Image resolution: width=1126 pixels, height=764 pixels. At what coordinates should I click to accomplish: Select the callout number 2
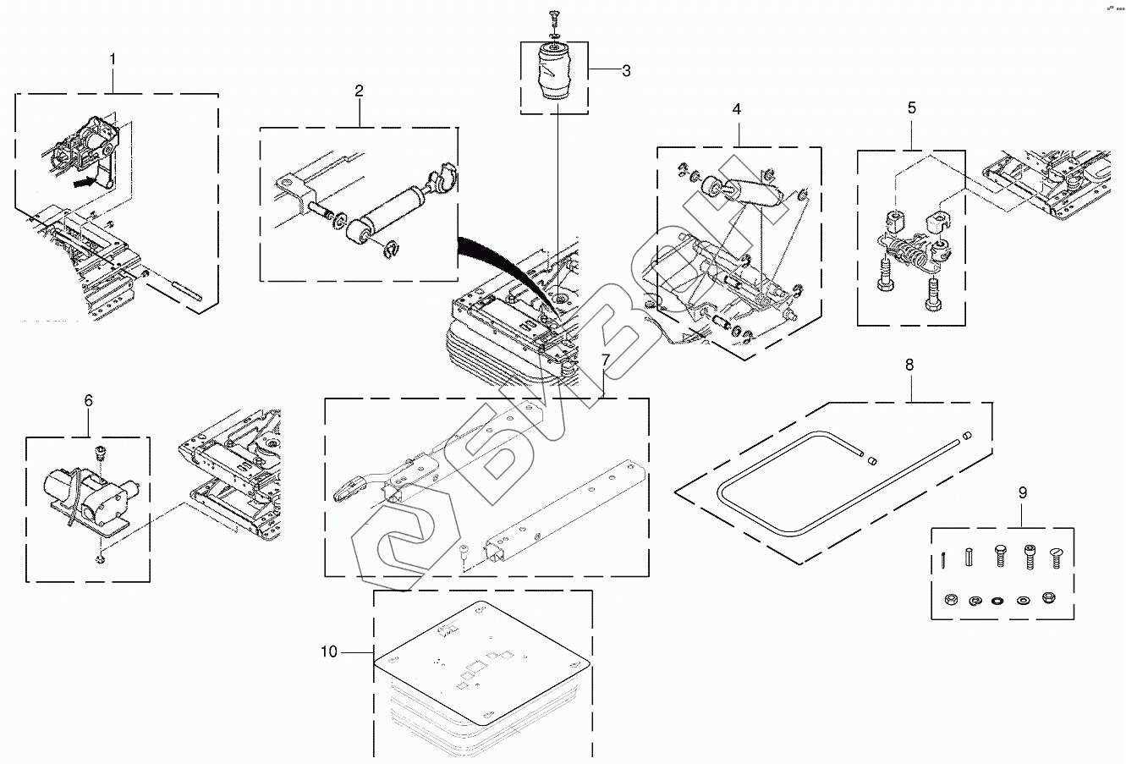[x=359, y=91]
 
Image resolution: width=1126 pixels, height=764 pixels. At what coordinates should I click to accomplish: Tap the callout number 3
[x=626, y=71]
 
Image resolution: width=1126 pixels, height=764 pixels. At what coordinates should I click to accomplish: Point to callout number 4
[x=736, y=109]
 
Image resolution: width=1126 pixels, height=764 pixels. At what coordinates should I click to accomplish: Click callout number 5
[x=911, y=107]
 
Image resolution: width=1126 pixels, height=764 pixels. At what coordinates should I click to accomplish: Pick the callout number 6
[x=89, y=400]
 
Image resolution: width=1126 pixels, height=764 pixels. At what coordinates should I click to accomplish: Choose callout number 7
[x=605, y=360]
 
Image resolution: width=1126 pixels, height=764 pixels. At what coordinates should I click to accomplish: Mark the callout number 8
[x=909, y=365]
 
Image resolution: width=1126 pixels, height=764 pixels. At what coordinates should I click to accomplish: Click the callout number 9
[x=1022, y=492]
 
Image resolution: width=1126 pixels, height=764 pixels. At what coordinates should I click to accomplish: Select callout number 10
[x=329, y=651]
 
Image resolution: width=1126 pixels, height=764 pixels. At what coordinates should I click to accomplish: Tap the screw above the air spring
[x=554, y=15]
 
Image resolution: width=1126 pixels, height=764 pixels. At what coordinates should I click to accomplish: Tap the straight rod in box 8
[x=918, y=456]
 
